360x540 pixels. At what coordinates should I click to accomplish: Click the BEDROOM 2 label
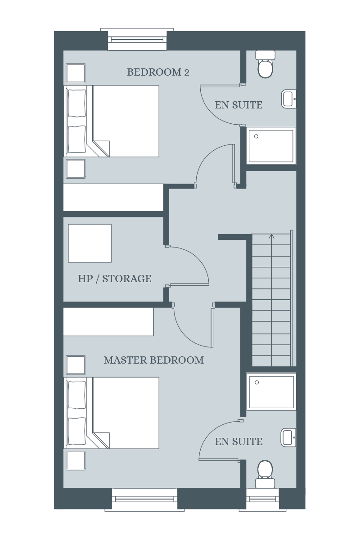click(x=158, y=72)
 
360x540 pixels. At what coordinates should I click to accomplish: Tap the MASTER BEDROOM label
click(x=154, y=360)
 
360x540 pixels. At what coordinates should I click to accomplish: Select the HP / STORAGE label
click(x=115, y=279)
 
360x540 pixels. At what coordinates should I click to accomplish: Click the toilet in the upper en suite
click(x=265, y=64)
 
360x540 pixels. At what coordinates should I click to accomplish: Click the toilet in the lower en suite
click(x=265, y=474)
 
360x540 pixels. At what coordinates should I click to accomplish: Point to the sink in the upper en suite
click(x=288, y=99)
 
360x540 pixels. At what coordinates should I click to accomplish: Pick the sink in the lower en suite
click(x=288, y=437)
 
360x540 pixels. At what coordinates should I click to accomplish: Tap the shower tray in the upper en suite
click(x=271, y=146)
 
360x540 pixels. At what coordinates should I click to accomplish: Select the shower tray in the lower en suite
click(x=271, y=392)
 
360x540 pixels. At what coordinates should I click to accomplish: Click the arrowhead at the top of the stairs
click(x=272, y=236)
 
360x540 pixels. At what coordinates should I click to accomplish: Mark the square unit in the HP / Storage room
click(x=90, y=243)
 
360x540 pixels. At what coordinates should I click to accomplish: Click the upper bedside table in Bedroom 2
click(x=76, y=73)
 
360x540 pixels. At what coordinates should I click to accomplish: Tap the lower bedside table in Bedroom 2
click(x=76, y=169)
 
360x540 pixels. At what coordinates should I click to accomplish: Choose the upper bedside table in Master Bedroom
click(x=76, y=365)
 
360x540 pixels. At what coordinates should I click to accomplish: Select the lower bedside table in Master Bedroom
click(x=76, y=461)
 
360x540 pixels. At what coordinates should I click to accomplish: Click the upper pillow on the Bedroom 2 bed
click(x=76, y=103)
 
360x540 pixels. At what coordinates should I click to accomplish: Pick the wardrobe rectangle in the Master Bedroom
click(x=108, y=322)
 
